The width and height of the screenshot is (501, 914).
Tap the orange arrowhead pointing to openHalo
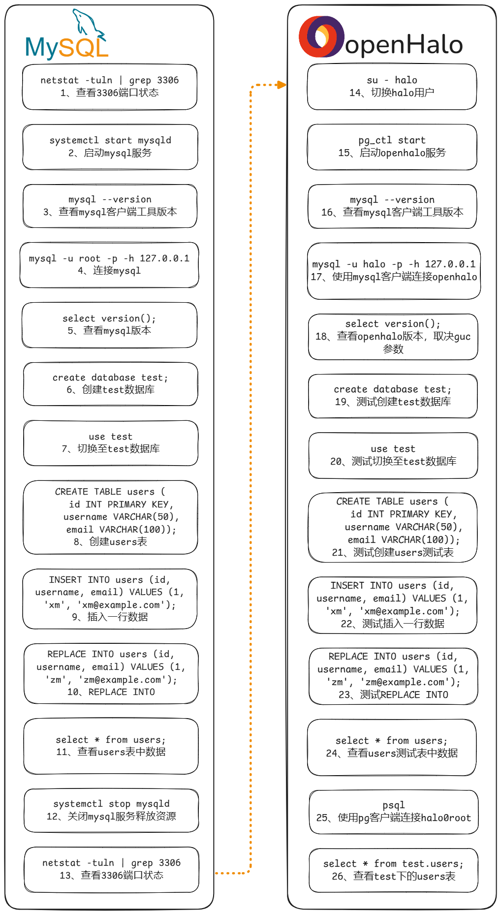tap(282, 85)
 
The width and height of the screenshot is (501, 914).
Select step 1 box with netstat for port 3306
tap(110, 87)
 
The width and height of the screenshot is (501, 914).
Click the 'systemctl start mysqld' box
tap(110, 147)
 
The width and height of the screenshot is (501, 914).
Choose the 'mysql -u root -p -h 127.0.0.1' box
tap(109, 265)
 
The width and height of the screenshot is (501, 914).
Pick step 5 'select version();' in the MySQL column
tap(109, 325)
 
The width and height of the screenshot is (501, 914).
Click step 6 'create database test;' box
tap(110, 384)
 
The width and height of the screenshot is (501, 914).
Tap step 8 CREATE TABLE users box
tap(110, 517)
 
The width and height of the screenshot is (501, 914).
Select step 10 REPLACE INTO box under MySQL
tap(111, 673)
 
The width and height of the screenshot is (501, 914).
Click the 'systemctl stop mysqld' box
tap(111, 810)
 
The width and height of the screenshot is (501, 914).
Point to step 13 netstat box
tap(112, 869)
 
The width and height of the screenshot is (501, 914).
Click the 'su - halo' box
tap(392, 87)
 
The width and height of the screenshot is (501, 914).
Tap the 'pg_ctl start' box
tap(392, 147)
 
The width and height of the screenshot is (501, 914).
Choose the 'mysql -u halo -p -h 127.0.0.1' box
tap(394, 271)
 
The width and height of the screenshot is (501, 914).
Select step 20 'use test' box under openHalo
tap(393, 455)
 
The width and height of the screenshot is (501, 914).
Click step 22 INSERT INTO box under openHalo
tap(392, 605)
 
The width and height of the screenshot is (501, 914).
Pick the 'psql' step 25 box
tap(394, 812)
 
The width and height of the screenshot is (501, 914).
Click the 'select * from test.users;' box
tap(393, 870)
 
